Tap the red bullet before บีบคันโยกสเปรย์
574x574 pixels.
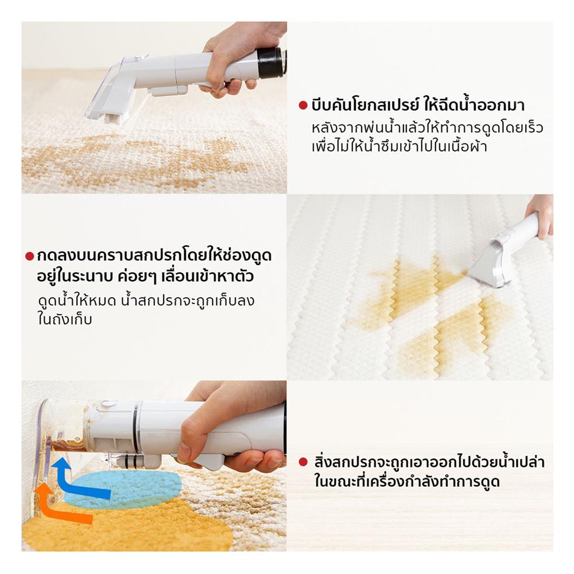[302, 106]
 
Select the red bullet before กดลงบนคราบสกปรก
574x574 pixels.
[30, 256]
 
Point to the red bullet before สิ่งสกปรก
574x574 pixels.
[302, 462]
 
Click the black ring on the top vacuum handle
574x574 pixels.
[270, 63]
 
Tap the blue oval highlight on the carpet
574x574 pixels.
[123, 488]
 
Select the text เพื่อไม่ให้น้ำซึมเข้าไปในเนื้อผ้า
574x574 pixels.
[399, 146]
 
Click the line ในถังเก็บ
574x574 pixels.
[64, 320]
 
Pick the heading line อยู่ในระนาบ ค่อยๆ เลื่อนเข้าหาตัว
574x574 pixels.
[145, 277]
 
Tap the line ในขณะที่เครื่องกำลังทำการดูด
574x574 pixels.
[407, 482]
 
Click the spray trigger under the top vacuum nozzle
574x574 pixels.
[169, 90]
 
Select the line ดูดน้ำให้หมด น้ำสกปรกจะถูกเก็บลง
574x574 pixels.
[146, 301]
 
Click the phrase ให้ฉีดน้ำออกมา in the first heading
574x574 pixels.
[474, 106]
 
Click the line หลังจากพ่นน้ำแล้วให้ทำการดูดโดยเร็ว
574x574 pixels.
[427, 128]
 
